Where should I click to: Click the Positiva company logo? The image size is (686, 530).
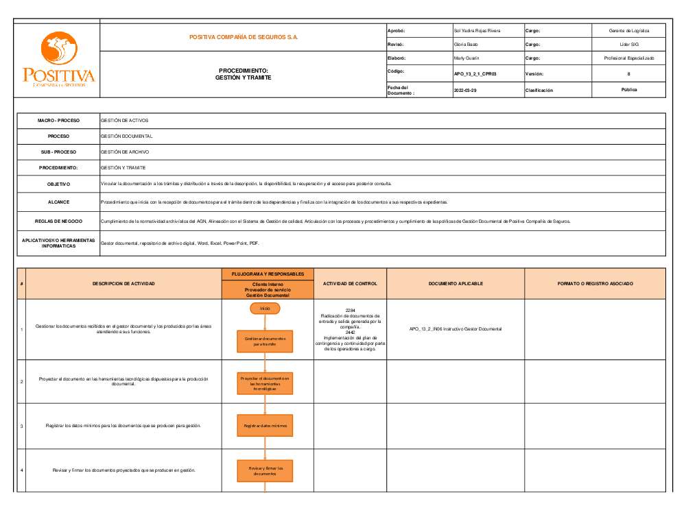(58, 60)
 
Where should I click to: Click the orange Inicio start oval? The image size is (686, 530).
(265, 309)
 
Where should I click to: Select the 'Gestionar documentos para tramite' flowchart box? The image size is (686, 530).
(265, 341)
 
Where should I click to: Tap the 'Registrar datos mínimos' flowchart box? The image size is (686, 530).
(265, 426)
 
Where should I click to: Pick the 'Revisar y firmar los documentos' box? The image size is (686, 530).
(265, 471)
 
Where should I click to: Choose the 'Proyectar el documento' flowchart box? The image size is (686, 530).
(265, 383)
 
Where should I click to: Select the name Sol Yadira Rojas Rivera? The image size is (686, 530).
(477, 31)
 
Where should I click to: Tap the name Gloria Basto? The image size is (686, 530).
(466, 45)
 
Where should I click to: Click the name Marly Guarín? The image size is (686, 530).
(466, 58)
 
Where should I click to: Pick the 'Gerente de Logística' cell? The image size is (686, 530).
(628, 31)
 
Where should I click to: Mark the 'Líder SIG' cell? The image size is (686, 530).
(628, 45)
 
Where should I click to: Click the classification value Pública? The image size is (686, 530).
(628, 90)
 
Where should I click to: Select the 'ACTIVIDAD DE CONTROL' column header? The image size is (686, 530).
(350, 283)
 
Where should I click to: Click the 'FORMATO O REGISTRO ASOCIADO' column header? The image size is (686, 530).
(595, 283)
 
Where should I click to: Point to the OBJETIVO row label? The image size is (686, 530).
(58, 184)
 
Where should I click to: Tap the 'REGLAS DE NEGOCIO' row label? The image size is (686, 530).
(58, 221)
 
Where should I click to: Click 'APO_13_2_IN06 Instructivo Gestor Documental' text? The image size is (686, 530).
(456, 329)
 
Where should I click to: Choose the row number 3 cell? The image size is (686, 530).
(22, 426)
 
